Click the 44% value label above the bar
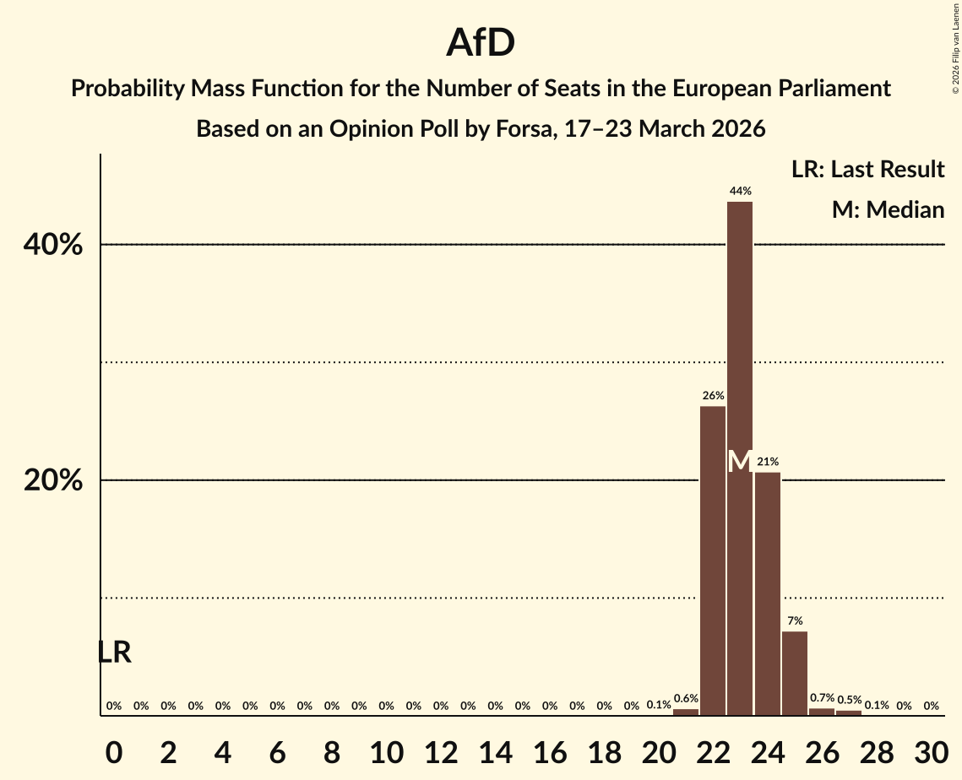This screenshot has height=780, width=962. (x=740, y=192)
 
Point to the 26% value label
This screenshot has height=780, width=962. (x=712, y=396)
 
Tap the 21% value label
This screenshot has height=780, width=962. (x=767, y=462)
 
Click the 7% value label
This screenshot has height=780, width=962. (x=794, y=620)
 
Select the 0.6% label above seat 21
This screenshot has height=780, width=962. (x=685, y=698)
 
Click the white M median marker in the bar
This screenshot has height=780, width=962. (x=739, y=461)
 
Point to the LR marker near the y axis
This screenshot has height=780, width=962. (x=114, y=653)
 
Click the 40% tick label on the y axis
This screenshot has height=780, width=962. (x=52, y=245)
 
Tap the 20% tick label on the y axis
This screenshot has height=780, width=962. (x=52, y=480)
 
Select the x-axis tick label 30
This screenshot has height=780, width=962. (x=930, y=750)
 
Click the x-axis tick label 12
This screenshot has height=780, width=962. (x=440, y=750)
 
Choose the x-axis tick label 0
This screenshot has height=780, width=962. (x=114, y=750)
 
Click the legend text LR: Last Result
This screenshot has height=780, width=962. (x=867, y=170)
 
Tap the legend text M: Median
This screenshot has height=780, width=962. (x=888, y=210)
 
